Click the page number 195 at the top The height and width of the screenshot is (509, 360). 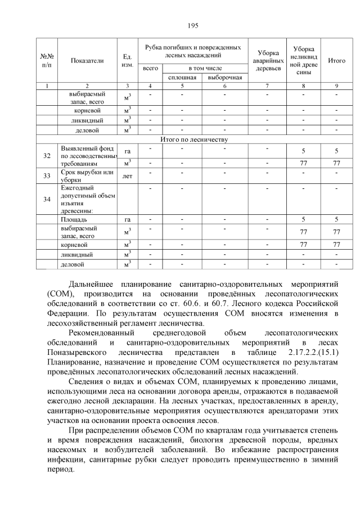193,25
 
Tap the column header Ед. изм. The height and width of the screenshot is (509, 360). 127,61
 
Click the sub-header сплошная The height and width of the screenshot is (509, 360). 182,78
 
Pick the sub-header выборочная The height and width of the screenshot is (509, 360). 224,78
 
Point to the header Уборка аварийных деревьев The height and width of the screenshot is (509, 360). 267,61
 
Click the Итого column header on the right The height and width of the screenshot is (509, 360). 336,61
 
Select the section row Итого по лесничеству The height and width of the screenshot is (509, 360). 192,139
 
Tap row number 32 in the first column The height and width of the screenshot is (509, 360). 47,156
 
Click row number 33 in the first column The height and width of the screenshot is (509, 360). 47,175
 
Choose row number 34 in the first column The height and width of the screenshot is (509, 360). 47,199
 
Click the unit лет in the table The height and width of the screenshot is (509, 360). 127,175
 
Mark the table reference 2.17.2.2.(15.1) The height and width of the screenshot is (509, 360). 313,352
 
